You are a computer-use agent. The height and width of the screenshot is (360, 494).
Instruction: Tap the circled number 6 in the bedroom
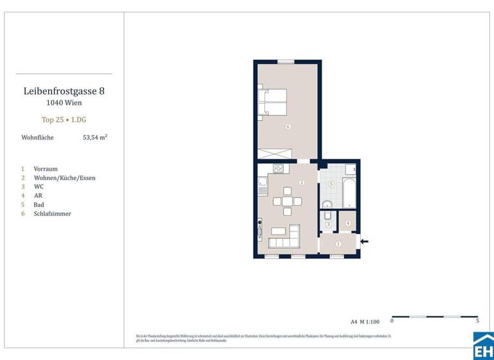288,127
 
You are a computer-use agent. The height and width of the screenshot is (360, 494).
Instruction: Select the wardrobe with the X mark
275,155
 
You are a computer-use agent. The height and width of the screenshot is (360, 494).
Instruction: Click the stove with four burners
279,169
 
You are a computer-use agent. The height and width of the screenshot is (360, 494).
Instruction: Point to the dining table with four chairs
287,201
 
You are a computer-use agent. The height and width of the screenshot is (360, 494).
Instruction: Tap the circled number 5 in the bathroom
331,184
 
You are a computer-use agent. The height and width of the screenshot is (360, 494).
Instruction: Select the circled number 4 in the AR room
348,223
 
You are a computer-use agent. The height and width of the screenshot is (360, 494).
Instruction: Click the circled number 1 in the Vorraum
338,244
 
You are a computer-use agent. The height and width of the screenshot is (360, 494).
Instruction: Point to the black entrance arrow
365,242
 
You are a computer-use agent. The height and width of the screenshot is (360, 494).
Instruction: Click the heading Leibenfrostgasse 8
64,91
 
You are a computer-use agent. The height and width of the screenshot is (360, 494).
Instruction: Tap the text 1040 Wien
64,103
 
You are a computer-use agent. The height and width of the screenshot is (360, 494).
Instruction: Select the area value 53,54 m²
95,138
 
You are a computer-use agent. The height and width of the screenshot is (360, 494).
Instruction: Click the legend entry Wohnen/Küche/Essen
64,177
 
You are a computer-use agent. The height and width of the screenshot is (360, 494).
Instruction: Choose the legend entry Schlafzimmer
52,213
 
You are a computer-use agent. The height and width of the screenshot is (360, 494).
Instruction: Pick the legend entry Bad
39,204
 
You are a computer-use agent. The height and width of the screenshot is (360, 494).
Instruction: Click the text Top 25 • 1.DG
64,120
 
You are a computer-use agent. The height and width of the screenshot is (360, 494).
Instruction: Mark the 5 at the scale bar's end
477,321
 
